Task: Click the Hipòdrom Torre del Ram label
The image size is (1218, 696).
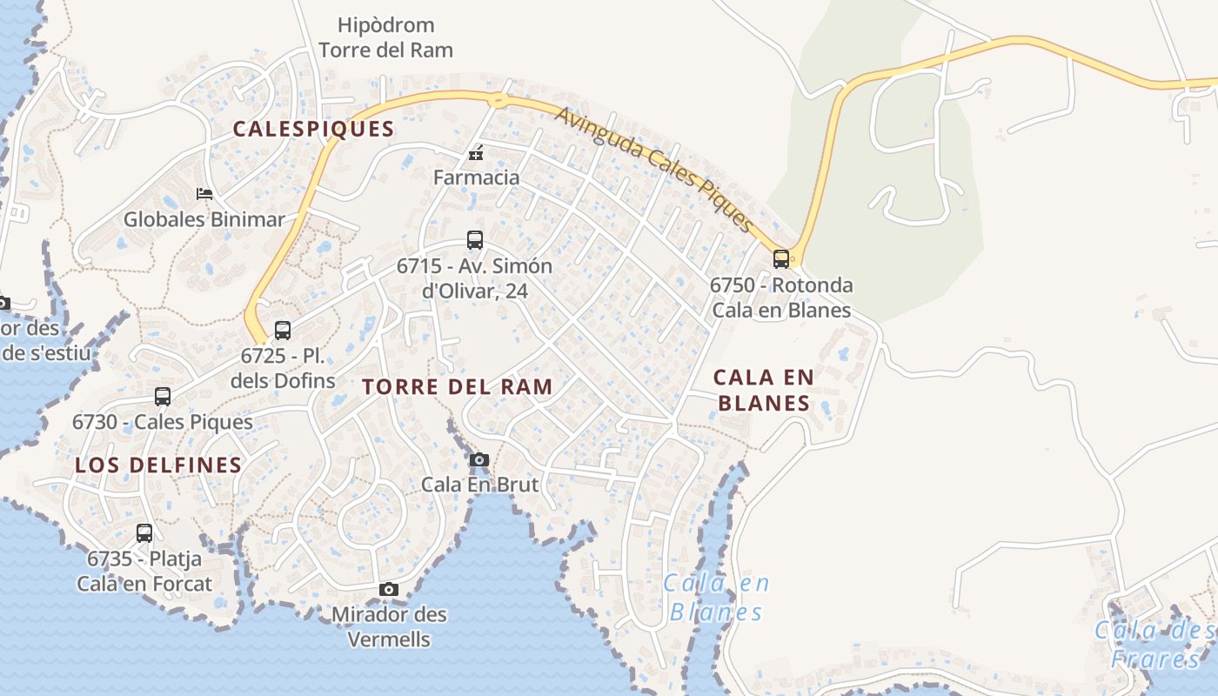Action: [x=385, y=37]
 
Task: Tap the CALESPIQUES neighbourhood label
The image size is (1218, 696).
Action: [x=313, y=130]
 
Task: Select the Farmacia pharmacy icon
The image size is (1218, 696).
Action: [x=476, y=154]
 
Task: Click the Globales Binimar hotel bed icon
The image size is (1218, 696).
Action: [x=204, y=193]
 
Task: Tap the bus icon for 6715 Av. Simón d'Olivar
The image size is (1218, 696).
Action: [x=475, y=239]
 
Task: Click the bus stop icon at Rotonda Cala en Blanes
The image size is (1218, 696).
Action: [x=781, y=258]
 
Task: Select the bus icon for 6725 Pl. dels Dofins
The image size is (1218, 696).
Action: [x=283, y=330]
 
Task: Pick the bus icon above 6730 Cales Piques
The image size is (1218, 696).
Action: [x=163, y=397]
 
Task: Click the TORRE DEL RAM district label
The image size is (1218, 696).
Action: [x=458, y=387]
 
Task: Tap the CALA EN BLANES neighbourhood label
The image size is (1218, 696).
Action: [x=763, y=390]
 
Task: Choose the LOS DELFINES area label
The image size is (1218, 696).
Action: [x=158, y=465]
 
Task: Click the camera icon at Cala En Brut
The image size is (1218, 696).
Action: [x=479, y=459]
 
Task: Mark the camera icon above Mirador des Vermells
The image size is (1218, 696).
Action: [x=389, y=589]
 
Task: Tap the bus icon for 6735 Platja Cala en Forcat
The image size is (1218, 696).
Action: [x=144, y=532]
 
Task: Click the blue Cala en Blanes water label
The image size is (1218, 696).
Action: [x=717, y=597]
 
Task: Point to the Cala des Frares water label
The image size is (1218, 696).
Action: [x=1154, y=644]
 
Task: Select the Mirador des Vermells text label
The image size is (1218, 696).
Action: [x=389, y=626]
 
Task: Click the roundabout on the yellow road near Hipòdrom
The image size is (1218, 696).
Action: [x=497, y=99]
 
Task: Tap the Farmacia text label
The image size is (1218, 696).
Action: [x=476, y=177]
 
